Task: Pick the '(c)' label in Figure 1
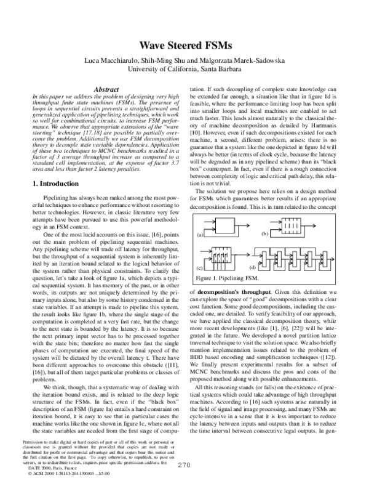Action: point(200,269)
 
